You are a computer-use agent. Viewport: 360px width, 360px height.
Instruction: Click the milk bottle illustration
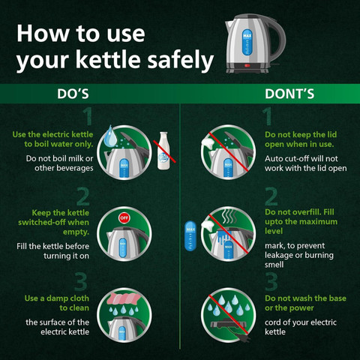click(x=163, y=151)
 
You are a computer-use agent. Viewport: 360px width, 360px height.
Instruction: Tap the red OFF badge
click(x=124, y=217)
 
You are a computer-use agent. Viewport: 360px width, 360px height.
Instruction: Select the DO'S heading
click(x=73, y=94)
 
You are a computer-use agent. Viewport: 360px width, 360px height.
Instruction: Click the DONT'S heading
click(x=289, y=94)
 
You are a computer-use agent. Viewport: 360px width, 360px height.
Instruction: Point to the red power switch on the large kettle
click(x=247, y=66)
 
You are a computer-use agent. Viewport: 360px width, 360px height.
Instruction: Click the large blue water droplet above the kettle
click(x=110, y=136)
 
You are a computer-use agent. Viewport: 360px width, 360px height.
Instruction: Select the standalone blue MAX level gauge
click(x=190, y=235)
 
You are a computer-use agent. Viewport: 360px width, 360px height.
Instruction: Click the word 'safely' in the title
click(x=181, y=60)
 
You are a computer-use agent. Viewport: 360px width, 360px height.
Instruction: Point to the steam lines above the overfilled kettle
click(x=229, y=217)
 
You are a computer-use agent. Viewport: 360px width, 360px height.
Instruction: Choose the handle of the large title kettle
click(x=278, y=40)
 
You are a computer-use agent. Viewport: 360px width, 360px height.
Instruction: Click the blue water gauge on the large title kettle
click(x=247, y=42)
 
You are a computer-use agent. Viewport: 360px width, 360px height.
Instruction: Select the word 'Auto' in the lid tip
click(x=274, y=159)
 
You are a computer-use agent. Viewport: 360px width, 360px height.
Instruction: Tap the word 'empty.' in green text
click(x=76, y=232)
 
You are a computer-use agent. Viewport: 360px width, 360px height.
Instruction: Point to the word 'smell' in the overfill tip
click(x=274, y=265)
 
